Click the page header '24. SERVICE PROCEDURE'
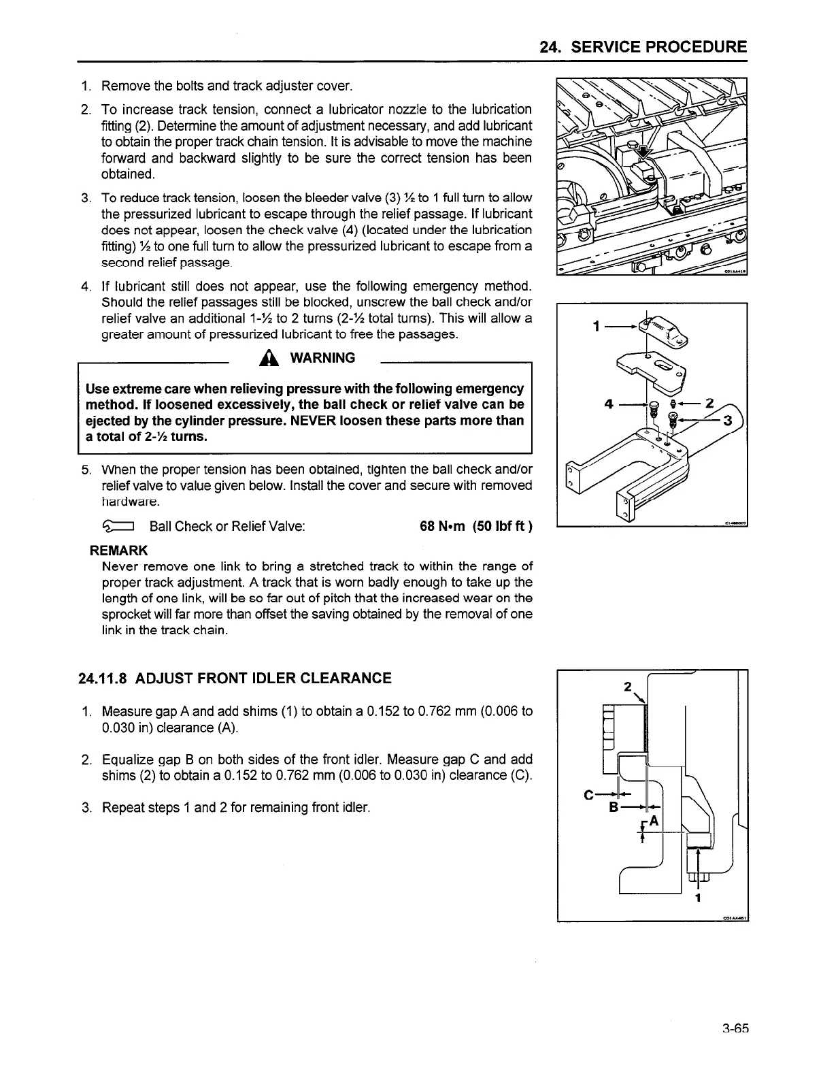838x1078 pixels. click(643, 47)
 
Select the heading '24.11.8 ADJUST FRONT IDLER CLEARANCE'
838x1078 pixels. click(235, 678)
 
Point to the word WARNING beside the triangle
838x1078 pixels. click(322, 358)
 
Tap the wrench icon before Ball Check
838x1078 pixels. click(119, 527)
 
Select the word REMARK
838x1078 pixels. click(119, 551)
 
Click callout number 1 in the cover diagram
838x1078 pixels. click(597, 327)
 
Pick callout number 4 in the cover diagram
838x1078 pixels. click(609, 404)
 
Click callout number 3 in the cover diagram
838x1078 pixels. click(726, 421)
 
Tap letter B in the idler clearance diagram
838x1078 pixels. click(614, 808)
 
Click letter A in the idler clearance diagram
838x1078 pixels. click(654, 821)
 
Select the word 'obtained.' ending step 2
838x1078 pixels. click(128, 174)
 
